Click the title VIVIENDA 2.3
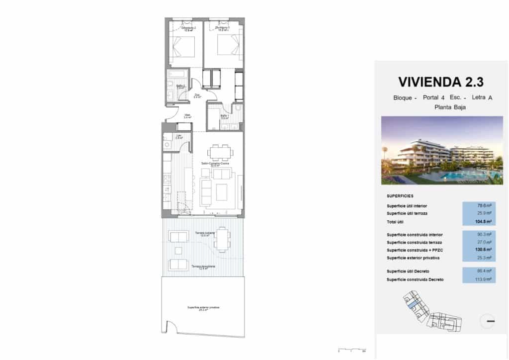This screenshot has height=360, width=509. (441, 82)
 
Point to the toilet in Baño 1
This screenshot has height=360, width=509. (238, 108)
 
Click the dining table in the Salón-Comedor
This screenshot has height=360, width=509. (220, 152)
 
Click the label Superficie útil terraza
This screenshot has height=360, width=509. (407, 213)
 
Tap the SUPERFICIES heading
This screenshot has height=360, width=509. (400, 196)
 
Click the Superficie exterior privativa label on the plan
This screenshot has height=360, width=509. (203, 308)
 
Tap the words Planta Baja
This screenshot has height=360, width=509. (450, 107)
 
